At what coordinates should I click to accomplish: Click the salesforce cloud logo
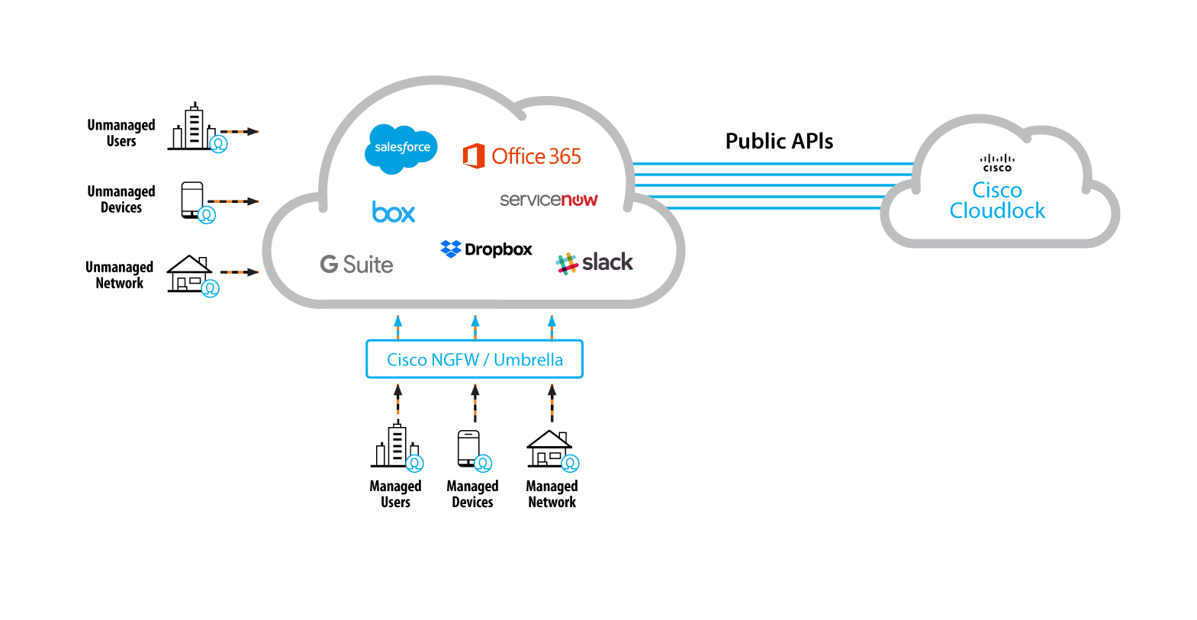(x=401, y=148)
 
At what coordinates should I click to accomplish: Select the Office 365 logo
(x=522, y=156)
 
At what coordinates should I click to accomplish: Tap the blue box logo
(x=394, y=212)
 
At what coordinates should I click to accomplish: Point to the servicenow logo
(x=549, y=200)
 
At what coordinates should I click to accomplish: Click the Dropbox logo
(x=486, y=249)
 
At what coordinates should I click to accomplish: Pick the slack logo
(x=595, y=263)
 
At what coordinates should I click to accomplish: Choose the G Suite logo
(x=356, y=265)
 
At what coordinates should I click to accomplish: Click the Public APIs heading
(x=779, y=141)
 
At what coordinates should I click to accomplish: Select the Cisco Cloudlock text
(x=997, y=201)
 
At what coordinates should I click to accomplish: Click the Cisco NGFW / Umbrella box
(x=475, y=359)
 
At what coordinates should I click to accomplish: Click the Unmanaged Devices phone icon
(x=193, y=201)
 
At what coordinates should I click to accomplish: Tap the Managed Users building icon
(x=395, y=446)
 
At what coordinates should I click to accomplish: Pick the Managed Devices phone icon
(x=469, y=448)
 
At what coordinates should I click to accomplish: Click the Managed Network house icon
(x=550, y=449)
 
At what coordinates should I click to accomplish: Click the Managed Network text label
(x=552, y=494)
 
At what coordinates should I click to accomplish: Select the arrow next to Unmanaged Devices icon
(x=233, y=201)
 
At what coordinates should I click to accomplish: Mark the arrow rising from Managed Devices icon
(x=475, y=403)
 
